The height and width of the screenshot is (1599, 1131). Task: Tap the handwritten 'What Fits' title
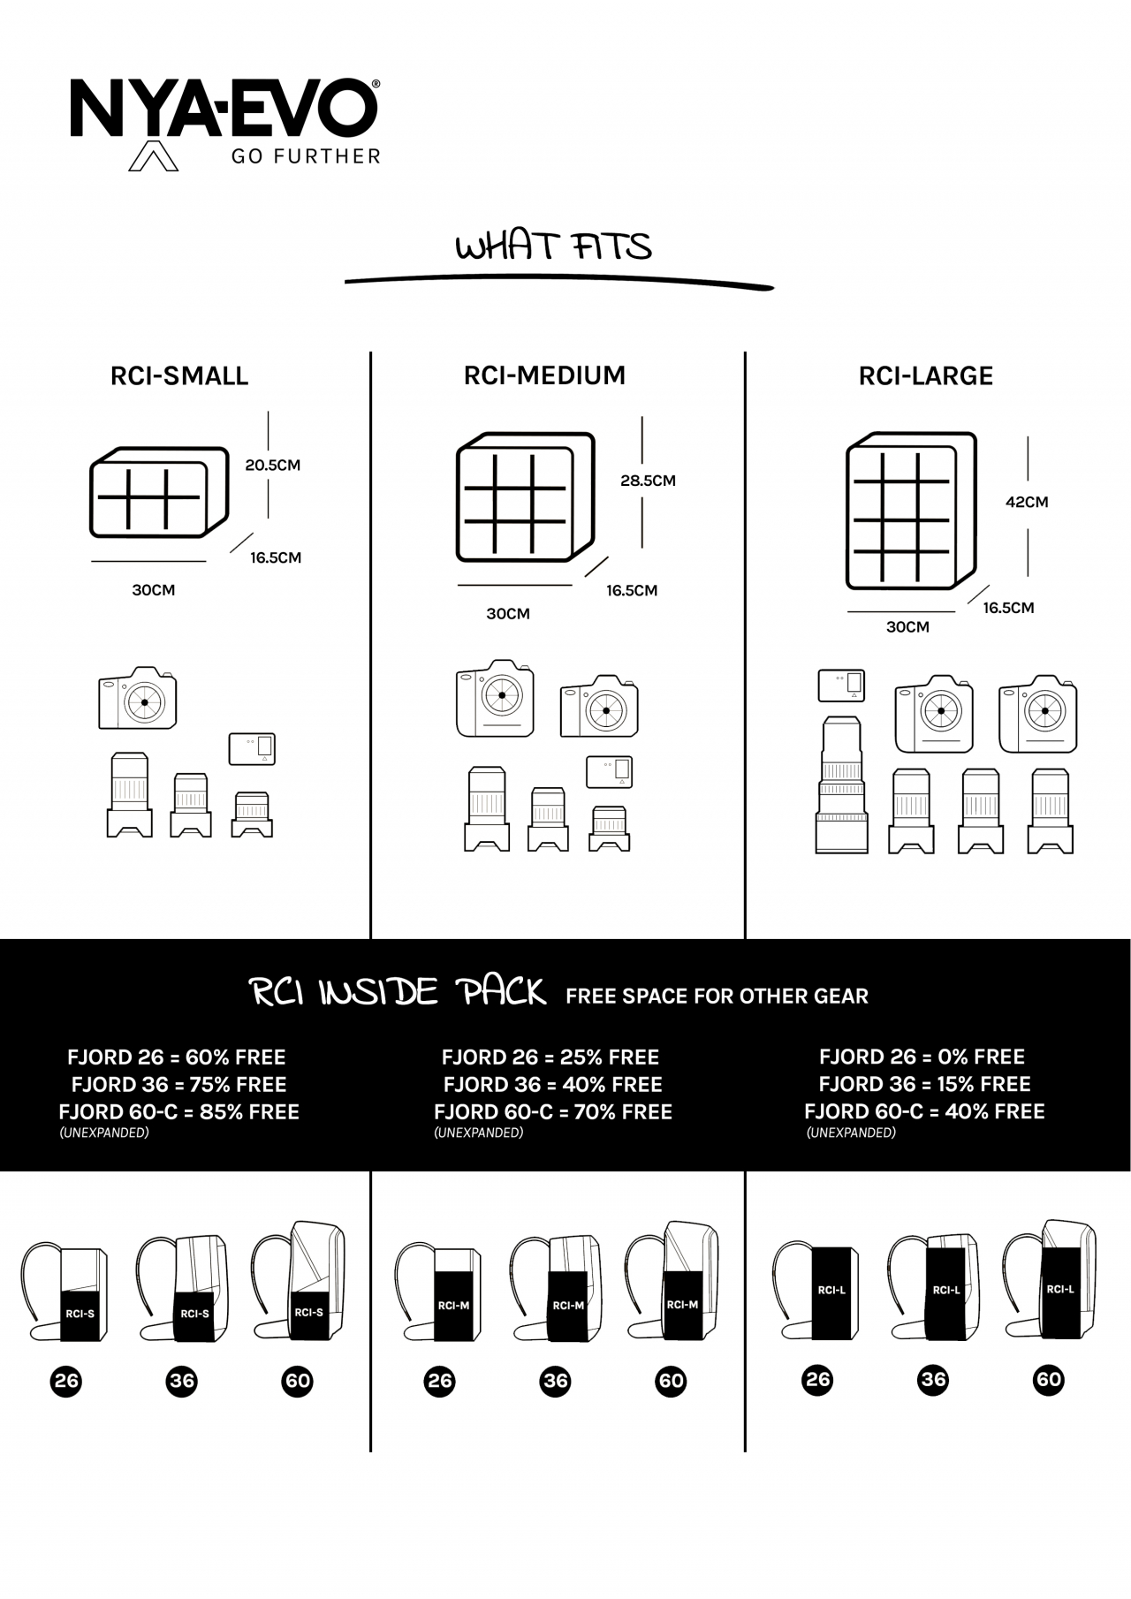pyautogui.click(x=554, y=246)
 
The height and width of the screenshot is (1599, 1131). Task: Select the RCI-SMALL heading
pyautogui.click(x=179, y=376)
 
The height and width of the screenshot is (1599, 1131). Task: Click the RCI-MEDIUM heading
pyautogui.click(x=544, y=375)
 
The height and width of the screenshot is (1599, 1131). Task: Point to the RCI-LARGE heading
pyautogui.click(x=926, y=376)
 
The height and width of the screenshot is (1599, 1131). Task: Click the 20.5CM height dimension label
pyautogui.click(x=273, y=466)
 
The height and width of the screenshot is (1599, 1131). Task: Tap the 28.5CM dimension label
pyautogui.click(x=648, y=481)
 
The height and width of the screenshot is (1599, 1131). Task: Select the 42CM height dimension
pyautogui.click(x=1027, y=502)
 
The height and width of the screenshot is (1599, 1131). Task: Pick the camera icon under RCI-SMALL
pyautogui.click(x=137, y=698)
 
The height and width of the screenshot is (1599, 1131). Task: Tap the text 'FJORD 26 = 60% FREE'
pyautogui.click(x=177, y=1057)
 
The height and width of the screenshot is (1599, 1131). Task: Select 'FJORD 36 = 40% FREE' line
pyautogui.click(x=553, y=1085)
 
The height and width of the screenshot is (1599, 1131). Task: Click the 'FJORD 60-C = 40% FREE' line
pyautogui.click(x=924, y=1111)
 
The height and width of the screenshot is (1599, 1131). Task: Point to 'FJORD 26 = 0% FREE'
pyautogui.click(x=922, y=1057)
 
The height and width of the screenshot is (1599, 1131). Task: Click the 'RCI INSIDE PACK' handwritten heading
pyautogui.click(x=399, y=992)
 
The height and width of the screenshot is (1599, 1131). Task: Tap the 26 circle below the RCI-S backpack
pyautogui.click(x=66, y=1381)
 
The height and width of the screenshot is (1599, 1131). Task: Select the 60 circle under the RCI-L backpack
pyautogui.click(x=1049, y=1380)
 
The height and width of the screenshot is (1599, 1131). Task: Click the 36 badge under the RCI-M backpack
pyautogui.click(x=555, y=1381)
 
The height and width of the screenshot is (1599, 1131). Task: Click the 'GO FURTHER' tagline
pyautogui.click(x=306, y=156)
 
